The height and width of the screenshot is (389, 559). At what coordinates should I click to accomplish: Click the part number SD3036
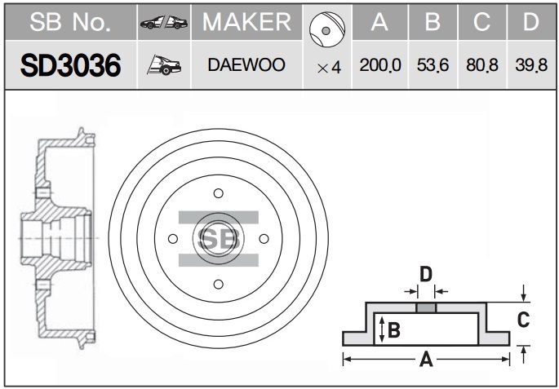(x=70, y=65)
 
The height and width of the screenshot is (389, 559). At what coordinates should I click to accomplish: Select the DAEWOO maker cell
(x=246, y=65)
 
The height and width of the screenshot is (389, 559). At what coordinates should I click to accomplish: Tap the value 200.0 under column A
(x=380, y=65)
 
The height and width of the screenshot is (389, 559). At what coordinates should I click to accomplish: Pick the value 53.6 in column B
(x=433, y=65)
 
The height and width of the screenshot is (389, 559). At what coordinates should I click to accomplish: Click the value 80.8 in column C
(x=482, y=65)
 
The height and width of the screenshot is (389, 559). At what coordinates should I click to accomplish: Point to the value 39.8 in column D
(x=531, y=65)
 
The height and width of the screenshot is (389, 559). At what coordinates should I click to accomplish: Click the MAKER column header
(x=246, y=22)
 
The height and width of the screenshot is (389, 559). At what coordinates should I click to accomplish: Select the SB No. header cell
(x=70, y=22)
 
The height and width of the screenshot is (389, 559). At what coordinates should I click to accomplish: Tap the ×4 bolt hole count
(x=329, y=68)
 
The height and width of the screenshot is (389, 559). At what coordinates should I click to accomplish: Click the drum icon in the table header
(x=327, y=29)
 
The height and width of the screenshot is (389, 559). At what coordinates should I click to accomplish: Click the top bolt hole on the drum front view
(x=219, y=193)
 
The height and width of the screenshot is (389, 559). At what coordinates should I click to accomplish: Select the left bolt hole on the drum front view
(x=173, y=239)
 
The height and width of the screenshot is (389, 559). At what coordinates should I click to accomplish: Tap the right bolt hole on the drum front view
(x=264, y=239)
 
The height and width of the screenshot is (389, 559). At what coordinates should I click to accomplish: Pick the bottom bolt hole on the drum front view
(x=219, y=285)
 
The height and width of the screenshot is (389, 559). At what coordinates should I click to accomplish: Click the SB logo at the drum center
(x=219, y=239)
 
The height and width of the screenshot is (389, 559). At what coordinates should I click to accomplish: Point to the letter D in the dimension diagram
(x=426, y=274)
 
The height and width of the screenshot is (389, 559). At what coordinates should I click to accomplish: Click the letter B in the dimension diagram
(x=394, y=329)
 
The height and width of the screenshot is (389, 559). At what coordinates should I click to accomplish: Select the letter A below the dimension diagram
(x=426, y=359)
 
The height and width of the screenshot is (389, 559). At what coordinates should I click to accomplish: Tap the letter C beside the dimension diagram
(x=523, y=320)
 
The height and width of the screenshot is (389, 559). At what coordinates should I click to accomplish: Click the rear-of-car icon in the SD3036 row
(x=164, y=65)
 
